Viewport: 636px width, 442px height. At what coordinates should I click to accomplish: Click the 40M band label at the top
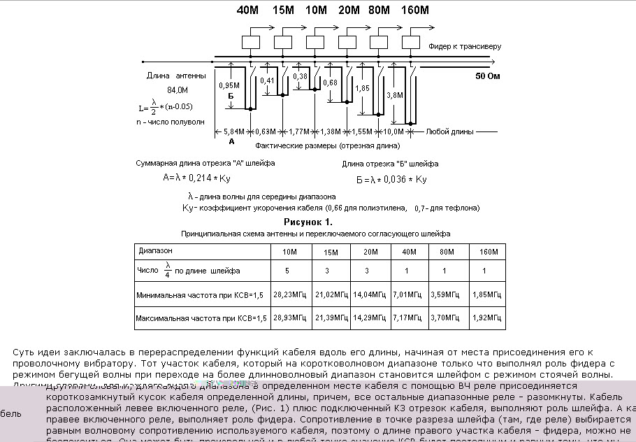pos(247,10)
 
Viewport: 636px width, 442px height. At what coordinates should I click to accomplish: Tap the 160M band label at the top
pos(416,10)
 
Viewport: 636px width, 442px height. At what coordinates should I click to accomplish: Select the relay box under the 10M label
pos(315,42)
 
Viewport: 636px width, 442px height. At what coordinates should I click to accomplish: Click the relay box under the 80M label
pos(379,42)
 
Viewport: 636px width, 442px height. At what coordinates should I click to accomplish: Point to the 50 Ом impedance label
pos(489,76)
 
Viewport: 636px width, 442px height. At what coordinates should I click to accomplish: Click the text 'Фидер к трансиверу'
pos(465,47)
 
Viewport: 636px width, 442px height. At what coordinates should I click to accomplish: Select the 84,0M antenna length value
pos(178,90)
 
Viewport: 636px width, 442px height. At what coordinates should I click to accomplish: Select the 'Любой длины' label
pos(450,131)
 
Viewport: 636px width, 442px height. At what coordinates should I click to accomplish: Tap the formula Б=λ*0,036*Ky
pos(391,179)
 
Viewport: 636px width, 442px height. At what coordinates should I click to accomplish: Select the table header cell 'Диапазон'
pos(156,250)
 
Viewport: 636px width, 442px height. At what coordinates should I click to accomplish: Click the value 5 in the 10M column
pos(287,270)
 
